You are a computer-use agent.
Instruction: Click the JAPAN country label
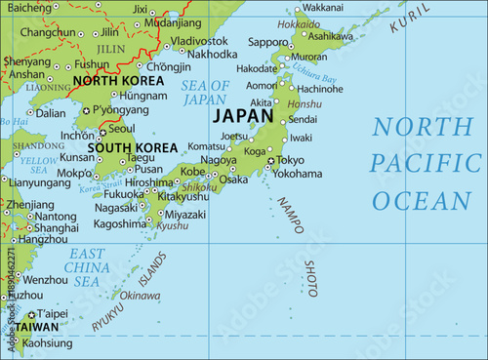click(x=243, y=114)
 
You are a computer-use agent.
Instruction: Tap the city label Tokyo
click(x=290, y=160)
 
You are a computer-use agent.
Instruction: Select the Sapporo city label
click(x=268, y=43)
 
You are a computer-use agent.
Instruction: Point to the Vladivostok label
click(x=199, y=41)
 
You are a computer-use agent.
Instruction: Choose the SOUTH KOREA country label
click(x=132, y=148)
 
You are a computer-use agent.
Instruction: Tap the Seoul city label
click(x=122, y=128)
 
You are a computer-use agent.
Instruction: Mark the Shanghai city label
click(x=57, y=227)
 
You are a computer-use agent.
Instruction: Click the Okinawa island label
click(x=140, y=296)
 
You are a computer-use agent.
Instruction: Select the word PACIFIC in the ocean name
click(x=421, y=163)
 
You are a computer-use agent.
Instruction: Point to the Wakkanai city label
click(x=322, y=8)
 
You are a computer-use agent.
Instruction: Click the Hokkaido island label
click(x=298, y=23)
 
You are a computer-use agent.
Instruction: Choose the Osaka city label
click(x=233, y=180)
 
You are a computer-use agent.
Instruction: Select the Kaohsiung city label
click(x=47, y=343)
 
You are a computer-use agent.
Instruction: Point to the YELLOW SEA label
click(x=39, y=163)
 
